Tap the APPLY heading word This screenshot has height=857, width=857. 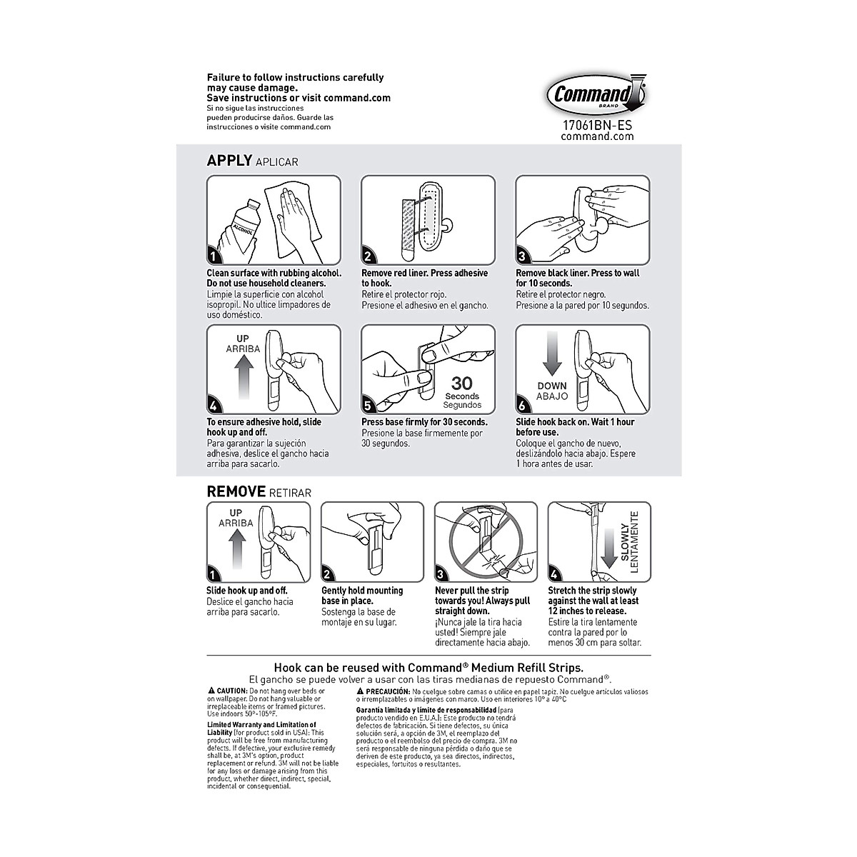click(x=229, y=161)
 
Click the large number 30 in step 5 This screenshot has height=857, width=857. click(x=462, y=384)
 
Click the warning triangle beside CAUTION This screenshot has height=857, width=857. click(x=211, y=691)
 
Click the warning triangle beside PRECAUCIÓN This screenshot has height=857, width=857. click(x=360, y=691)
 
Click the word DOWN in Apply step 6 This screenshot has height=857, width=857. click(x=552, y=386)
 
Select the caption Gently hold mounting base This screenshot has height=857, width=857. click(x=362, y=596)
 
